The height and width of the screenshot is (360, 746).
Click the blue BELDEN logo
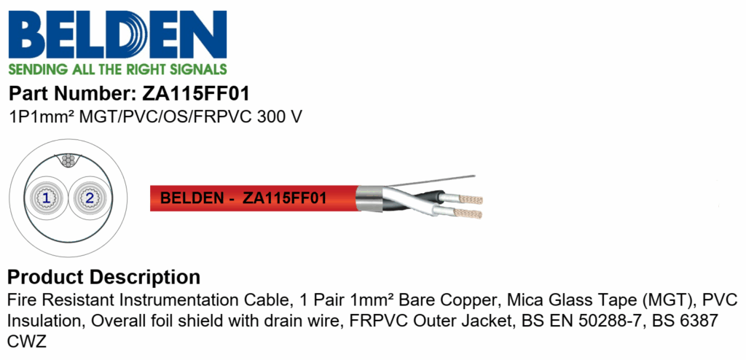click(117, 34)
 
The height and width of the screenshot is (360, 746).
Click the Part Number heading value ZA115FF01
click(196, 94)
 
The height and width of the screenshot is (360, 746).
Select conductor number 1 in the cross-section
click(46, 198)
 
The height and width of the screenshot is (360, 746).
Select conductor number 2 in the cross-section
click(89, 198)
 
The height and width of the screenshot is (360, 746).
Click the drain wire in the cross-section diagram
click(68, 160)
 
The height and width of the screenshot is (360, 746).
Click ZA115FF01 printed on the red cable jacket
click(285, 198)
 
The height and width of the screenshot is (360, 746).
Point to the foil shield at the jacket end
click(368, 197)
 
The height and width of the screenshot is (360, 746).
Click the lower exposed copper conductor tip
click(468, 214)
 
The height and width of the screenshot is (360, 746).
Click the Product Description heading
click(104, 277)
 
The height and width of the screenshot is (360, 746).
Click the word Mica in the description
click(523, 301)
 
